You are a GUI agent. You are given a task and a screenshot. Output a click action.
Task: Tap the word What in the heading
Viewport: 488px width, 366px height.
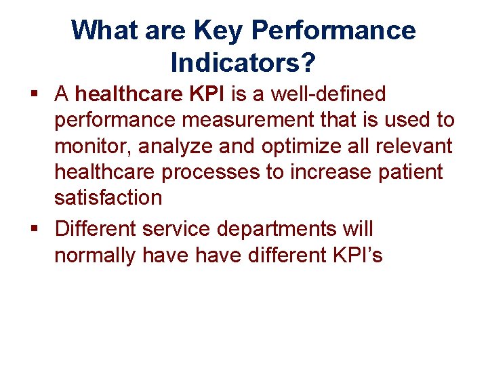[x=99, y=30]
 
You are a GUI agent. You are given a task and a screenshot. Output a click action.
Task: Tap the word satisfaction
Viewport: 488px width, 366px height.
[x=108, y=198]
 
